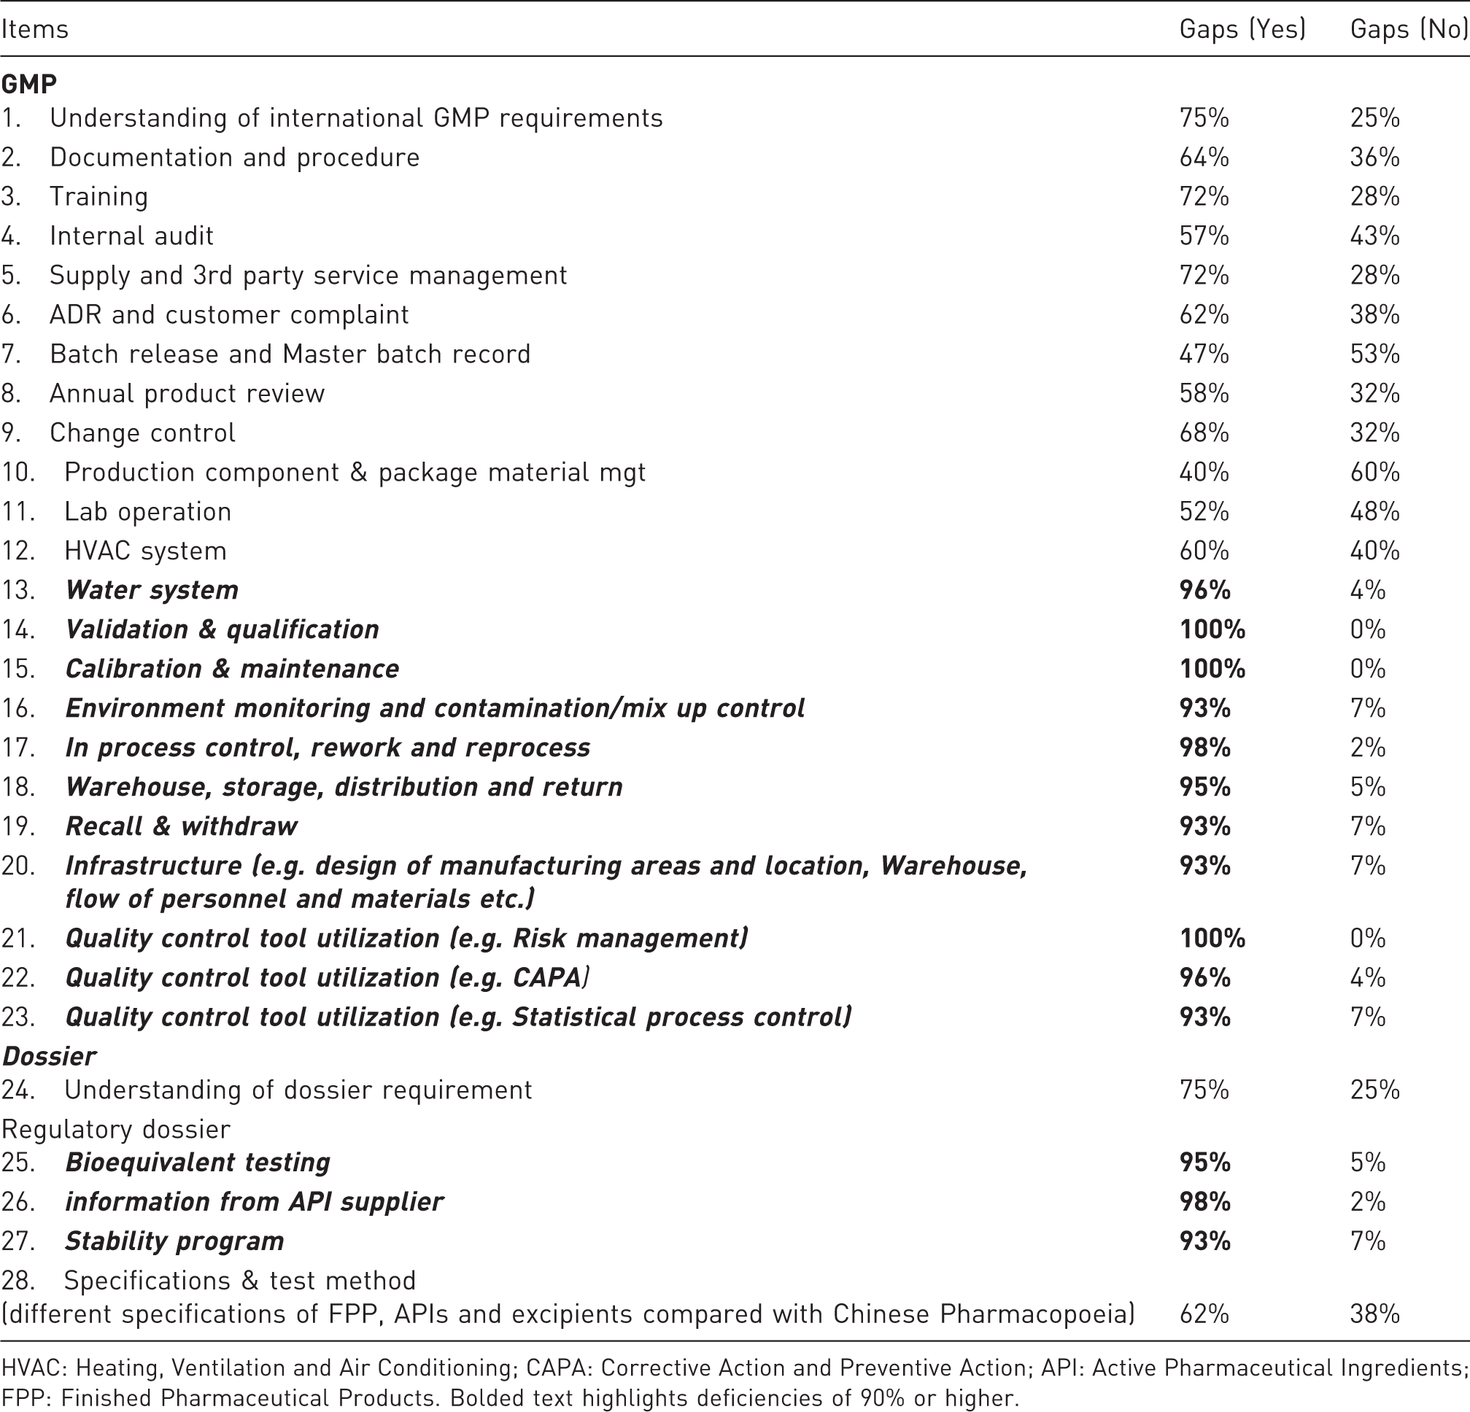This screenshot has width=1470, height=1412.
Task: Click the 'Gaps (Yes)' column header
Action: [x=1242, y=29]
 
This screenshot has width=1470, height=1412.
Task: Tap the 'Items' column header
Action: [x=34, y=29]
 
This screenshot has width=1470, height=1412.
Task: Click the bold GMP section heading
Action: [x=29, y=84]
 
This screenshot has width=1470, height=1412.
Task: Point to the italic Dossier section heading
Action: [x=49, y=1056]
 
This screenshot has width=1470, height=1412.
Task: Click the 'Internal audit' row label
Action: [x=131, y=236]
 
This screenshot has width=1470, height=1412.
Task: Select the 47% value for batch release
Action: [x=1204, y=354]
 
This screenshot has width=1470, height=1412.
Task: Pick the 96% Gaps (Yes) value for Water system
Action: [x=1204, y=590]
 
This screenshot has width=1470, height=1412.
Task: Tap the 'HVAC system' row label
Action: [x=145, y=551]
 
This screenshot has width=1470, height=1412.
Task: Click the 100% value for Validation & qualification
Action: [x=1212, y=629]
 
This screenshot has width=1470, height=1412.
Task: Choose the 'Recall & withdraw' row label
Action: [x=182, y=826]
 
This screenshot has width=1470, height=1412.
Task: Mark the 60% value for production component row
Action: [x=1374, y=472]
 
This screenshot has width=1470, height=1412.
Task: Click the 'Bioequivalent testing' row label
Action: [x=198, y=1163]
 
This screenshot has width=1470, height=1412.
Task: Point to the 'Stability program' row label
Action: [x=175, y=1241]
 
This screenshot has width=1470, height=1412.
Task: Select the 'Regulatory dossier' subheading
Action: [x=116, y=1129]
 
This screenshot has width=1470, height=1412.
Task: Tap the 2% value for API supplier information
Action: [x=1368, y=1201]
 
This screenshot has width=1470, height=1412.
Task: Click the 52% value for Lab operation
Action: [x=1204, y=511]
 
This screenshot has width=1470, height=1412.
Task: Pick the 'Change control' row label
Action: [x=142, y=432]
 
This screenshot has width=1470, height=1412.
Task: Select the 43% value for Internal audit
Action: [x=1374, y=236]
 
